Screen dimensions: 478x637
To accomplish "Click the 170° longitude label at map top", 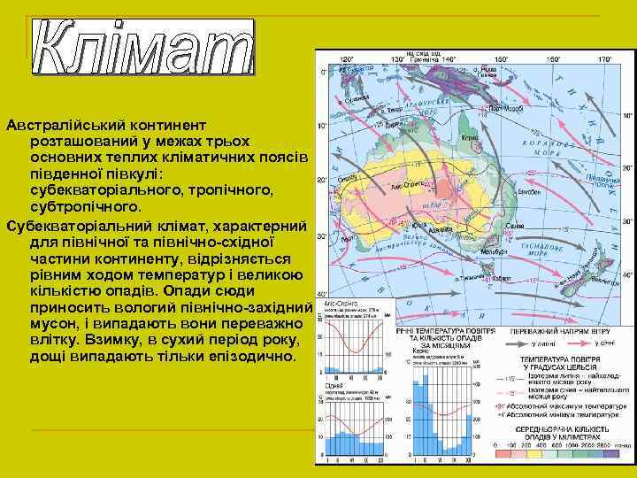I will [x=605, y=60].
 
